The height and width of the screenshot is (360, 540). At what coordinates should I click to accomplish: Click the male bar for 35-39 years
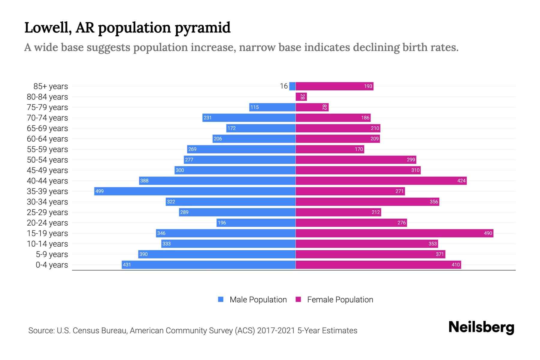(195, 191)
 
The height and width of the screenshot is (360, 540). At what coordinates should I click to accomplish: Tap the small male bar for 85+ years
(292, 86)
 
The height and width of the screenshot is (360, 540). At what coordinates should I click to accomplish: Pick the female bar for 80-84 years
(301, 97)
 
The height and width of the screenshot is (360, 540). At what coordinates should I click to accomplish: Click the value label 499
(100, 191)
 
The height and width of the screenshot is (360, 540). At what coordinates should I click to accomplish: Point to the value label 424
(461, 181)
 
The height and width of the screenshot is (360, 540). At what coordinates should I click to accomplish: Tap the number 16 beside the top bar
(284, 86)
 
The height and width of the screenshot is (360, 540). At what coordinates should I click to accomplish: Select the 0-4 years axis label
(52, 265)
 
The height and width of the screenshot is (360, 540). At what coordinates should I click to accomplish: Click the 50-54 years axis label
(47, 160)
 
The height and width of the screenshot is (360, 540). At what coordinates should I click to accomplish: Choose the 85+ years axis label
(50, 86)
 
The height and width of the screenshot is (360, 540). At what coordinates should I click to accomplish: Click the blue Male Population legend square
(221, 299)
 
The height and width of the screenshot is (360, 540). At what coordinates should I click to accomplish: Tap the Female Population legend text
(340, 299)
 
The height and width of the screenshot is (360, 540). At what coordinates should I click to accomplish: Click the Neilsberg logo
(481, 327)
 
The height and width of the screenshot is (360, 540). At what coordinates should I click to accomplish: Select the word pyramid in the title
(202, 28)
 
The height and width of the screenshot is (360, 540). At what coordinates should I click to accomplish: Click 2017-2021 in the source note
(276, 330)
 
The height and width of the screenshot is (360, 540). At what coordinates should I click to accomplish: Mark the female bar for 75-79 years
(312, 107)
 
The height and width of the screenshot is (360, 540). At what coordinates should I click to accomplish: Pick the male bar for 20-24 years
(256, 223)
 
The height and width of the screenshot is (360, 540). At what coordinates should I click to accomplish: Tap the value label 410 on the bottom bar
(455, 265)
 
